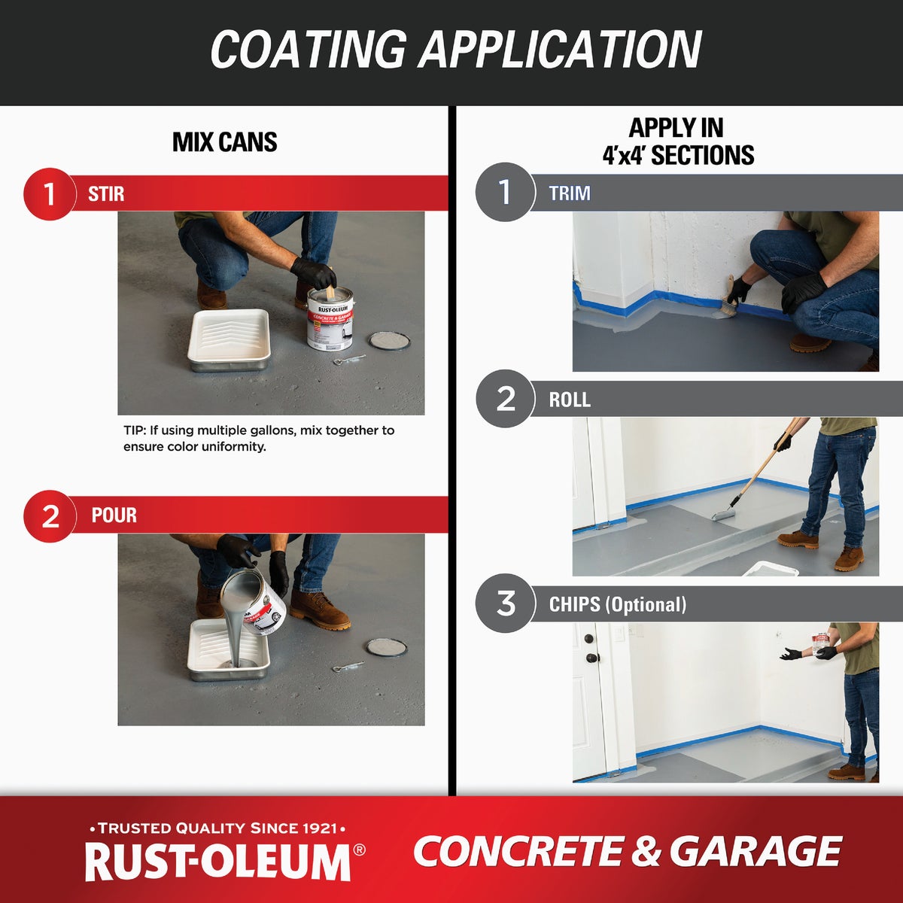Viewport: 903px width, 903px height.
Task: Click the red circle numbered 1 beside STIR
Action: (49, 194)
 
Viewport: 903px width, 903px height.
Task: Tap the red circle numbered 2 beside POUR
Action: (50, 516)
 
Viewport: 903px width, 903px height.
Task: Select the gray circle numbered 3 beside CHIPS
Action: (506, 603)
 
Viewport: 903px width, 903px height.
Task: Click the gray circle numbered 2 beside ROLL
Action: (506, 399)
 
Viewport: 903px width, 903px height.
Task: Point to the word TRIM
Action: (569, 193)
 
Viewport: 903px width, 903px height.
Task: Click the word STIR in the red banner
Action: (106, 194)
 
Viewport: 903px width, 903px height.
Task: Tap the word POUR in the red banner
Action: (114, 515)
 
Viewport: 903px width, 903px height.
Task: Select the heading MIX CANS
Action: (225, 142)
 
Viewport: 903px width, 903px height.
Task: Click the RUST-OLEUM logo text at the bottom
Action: (218, 862)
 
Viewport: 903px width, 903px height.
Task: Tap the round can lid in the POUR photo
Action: (386, 646)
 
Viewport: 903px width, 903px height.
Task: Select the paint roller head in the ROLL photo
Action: (722, 514)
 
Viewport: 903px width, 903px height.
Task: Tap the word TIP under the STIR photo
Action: (133, 430)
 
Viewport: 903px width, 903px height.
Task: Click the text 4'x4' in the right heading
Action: (624, 156)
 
